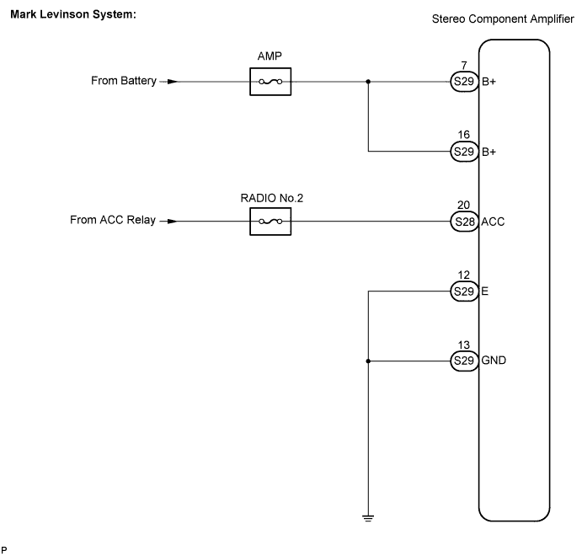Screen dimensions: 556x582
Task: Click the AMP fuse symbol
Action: (270, 82)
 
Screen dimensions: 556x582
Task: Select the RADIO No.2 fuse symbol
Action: (270, 222)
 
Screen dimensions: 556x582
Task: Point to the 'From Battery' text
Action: (124, 82)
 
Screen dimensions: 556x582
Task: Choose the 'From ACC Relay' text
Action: (113, 222)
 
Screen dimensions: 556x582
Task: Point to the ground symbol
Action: (368, 517)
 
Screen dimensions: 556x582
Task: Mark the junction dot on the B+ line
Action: (368, 82)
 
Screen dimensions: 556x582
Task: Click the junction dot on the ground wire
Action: (368, 361)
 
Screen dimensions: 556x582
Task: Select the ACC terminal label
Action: (493, 222)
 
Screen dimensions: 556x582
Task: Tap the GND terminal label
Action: (494, 361)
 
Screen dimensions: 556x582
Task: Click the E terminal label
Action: (484, 291)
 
